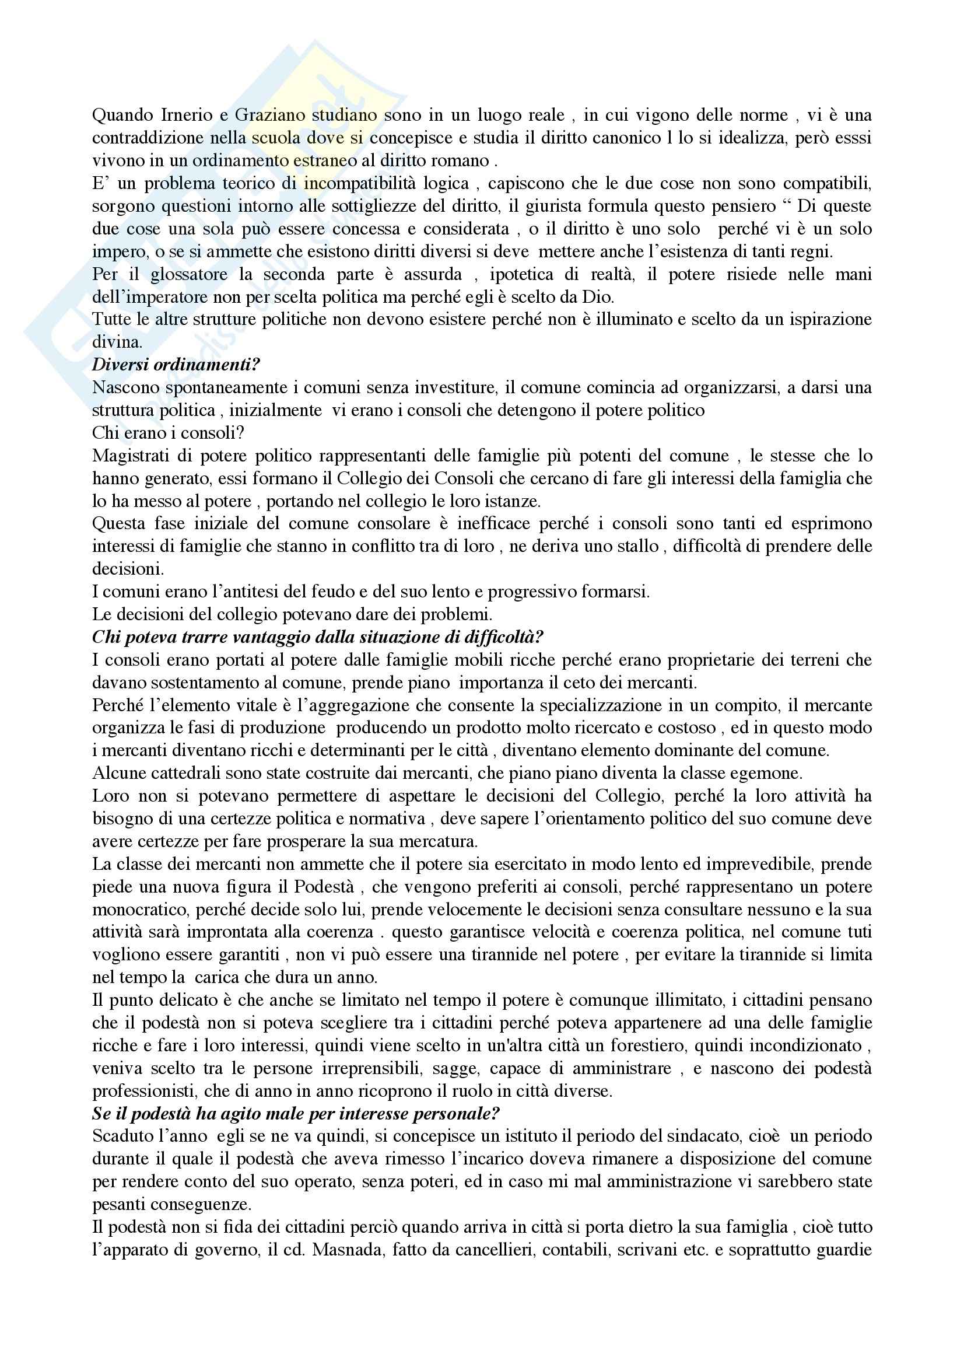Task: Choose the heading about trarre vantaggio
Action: coord(318,638)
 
